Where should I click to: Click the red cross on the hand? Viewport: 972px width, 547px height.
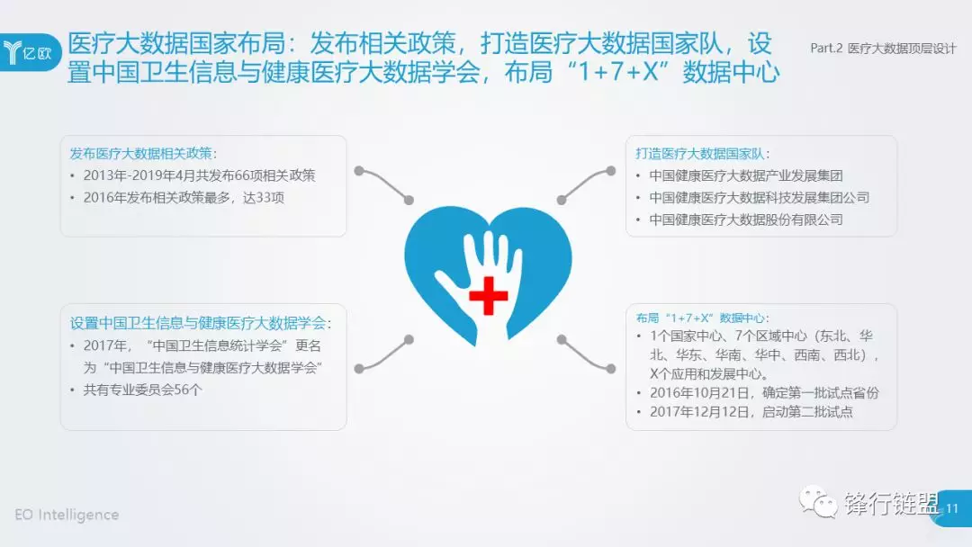click(489, 295)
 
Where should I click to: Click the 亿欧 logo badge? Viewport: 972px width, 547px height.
click(30, 53)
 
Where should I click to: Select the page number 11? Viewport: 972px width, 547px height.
click(951, 508)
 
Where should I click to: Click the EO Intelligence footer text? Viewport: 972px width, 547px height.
click(67, 515)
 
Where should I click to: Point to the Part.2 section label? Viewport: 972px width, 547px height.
click(883, 49)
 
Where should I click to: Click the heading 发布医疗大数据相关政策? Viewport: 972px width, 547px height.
click(143, 154)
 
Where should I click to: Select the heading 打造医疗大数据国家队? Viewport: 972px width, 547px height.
click(702, 154)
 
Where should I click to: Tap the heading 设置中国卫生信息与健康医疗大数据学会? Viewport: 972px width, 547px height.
click(200, 323)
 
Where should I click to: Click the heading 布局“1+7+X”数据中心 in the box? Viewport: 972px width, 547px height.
click(702, 318)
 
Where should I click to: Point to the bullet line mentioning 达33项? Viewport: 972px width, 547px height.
click(184, 198)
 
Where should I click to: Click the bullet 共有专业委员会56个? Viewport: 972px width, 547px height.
click(142, 390)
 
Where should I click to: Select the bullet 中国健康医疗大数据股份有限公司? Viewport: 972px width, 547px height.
click(746, 220)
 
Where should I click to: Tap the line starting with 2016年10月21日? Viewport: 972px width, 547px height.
click(764, 393)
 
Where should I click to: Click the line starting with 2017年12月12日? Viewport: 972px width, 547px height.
click(751, 412)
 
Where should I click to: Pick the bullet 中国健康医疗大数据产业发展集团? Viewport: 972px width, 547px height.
click(746, 176)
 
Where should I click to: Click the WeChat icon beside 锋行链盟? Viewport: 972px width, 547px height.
click(817, 502)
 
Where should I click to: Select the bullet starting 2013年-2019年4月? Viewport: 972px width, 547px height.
click(199, 175)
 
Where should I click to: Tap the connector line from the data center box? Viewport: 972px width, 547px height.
click(587, 355)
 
